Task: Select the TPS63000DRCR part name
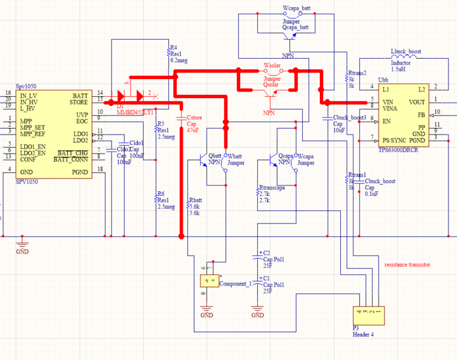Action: tap(398, 149)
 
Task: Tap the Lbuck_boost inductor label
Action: tap(405, 50)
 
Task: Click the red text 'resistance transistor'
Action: tap(407, 265)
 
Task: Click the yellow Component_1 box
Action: tap(210, 282)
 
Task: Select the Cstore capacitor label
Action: tap(196, 118)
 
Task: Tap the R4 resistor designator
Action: tap(173, 48)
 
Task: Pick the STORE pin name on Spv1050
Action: tap(79, 101)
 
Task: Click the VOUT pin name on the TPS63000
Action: tap(417, 101)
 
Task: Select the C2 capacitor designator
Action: tap(266, 252)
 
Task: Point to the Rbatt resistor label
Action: tap(194, 200)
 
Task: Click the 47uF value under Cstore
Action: tap(193, 131)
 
